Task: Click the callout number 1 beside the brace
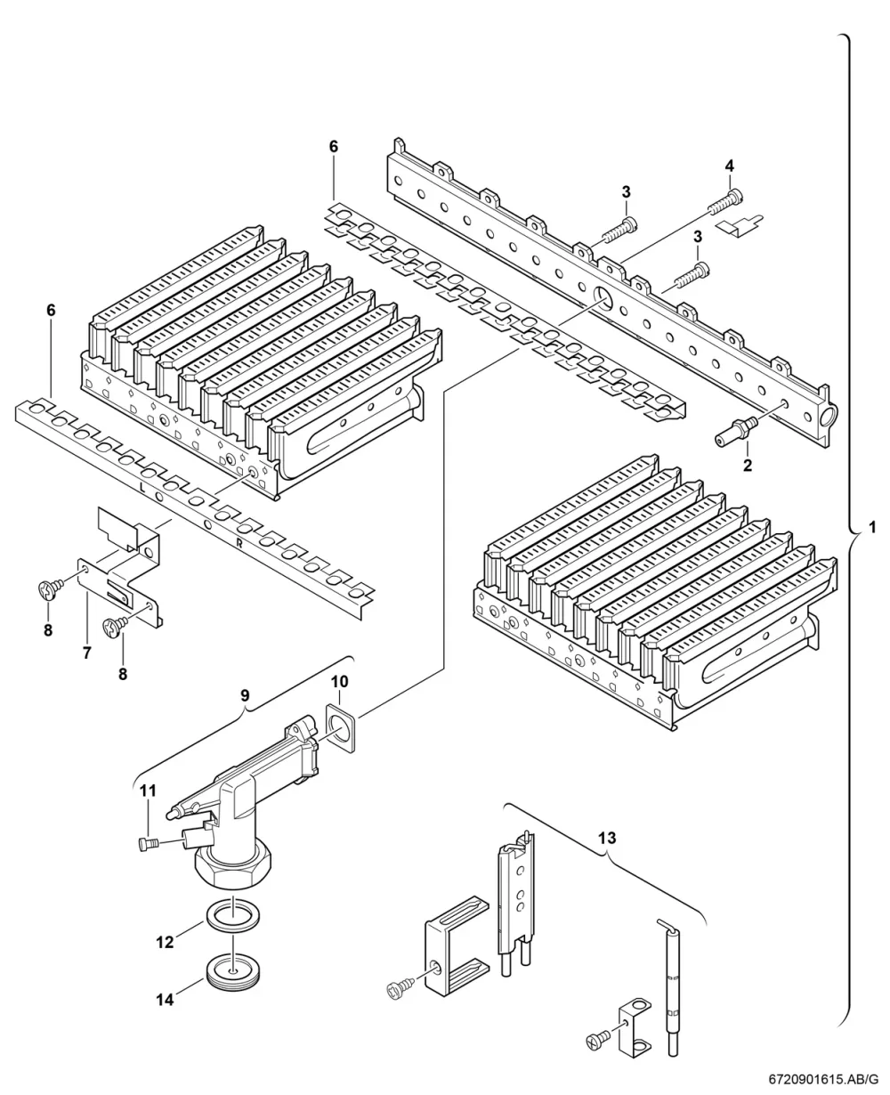click(871, 527)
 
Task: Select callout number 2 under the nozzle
click(747, 465)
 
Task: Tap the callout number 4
click(729, 166)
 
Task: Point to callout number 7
click(87, 653)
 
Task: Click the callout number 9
click(245, 695)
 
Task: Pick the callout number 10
click(339, 682)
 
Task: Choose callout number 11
click(148, 791)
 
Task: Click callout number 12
click(165, 942)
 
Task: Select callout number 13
click(607, 838)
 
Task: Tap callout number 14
click(165, 1000)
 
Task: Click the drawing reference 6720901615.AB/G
click(823, 1078)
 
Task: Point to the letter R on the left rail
click(239, 543)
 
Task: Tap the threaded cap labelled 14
click(232, 973)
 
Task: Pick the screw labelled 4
click(726, 201)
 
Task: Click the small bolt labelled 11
click(149, 844)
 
